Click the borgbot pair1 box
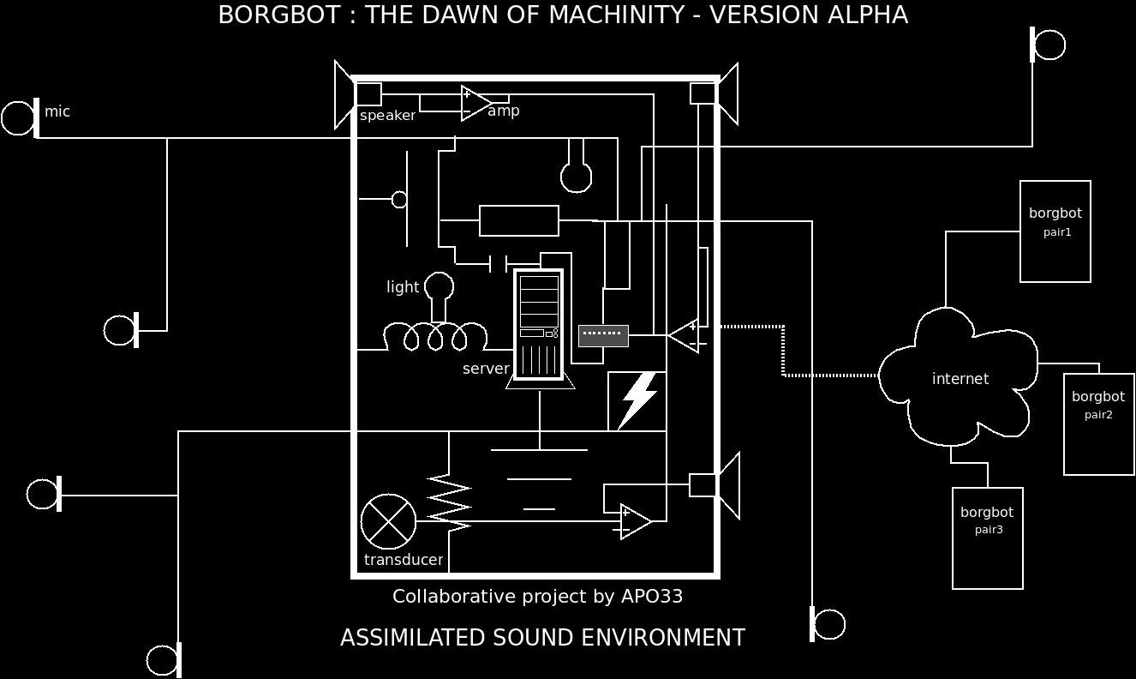pos(1055,231)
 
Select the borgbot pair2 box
pos(1098,424)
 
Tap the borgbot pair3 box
pos(987,538)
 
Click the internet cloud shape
pos(959,378)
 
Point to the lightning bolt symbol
pos(637,400)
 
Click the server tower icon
pos(538,325)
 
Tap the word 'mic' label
pos(57,111)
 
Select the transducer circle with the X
pos(388,521)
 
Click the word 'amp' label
pos(504,111)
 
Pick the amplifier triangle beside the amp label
pos(475,103)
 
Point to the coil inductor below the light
pos(435,337)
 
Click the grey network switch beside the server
pos(603,335)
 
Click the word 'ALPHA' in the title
pos(867,15)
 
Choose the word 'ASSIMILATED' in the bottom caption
pos(413,638)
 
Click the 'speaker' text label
pos(387,116)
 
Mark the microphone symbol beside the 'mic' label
pos(21,118)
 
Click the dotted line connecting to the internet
pos(783,351)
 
